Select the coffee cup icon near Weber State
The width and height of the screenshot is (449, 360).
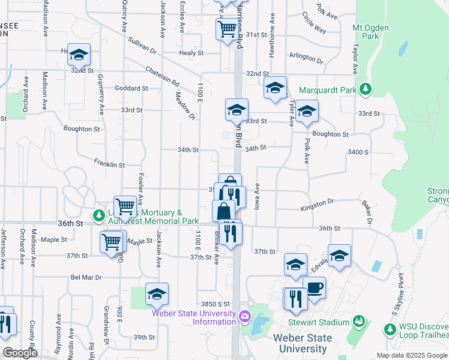314,287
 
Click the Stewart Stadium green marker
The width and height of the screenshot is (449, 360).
360,322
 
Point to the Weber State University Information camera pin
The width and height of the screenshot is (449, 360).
244,316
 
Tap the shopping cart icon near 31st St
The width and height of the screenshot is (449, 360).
227,28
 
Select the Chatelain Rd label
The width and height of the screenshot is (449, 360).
163,75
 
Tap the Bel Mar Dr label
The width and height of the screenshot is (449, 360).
86,277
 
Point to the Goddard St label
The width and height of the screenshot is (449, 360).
131,88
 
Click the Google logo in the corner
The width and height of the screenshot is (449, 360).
19,353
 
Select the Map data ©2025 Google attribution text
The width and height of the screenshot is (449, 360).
411,355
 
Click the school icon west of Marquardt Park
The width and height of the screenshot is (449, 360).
275,88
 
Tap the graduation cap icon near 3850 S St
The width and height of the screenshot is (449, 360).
157,293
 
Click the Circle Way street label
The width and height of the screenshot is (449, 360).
314,23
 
